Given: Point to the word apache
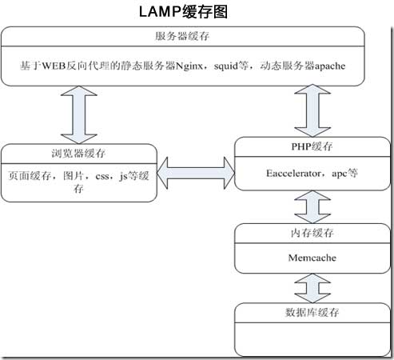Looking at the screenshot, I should pyautogui.click(x=328, y=66).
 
